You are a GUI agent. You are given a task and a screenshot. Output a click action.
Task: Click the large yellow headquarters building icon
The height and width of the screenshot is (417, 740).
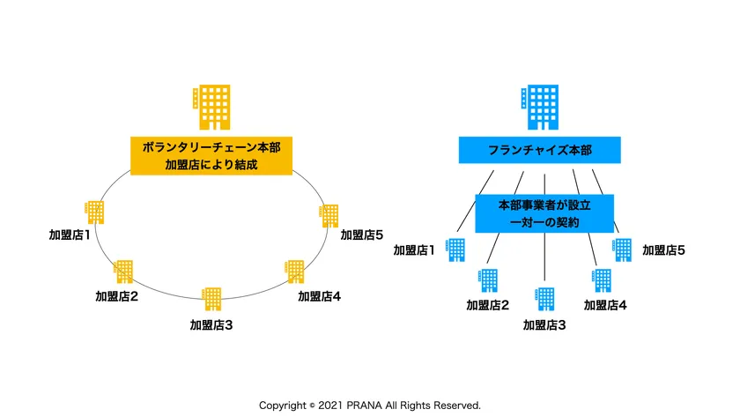coord(212,107)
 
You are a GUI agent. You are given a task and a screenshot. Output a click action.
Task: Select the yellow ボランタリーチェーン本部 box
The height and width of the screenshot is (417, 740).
coord(211,155)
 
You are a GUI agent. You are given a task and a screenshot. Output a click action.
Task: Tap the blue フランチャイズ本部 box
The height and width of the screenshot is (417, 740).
coord(540,151)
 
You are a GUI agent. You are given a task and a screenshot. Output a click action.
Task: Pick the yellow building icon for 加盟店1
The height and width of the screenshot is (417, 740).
coord(94,212)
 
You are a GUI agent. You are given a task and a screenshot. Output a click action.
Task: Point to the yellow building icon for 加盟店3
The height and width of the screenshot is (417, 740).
coord(211,299)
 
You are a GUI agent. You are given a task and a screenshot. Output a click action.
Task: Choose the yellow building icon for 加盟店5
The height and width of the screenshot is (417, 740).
coord(329,216)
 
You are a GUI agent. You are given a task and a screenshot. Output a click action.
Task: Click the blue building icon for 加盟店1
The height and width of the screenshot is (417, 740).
coord(456,249)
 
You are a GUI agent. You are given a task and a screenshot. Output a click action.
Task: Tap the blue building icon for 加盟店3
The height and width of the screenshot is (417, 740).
coord(545,299)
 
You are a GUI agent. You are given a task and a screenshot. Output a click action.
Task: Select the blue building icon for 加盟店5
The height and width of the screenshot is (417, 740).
coord(622,249)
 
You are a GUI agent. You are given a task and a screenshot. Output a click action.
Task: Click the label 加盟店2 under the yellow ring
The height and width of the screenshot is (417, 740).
coord(116,296)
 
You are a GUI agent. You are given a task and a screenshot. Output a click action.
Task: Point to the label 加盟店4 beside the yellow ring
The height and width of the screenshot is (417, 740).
coord(319,296)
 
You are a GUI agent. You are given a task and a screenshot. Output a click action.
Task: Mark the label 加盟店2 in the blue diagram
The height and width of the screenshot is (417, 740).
coord(488,306)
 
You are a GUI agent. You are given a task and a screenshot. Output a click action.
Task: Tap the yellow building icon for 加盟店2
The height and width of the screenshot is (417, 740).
coord(123,272)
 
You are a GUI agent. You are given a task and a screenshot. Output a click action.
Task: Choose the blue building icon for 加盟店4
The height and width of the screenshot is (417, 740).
coord(602,280)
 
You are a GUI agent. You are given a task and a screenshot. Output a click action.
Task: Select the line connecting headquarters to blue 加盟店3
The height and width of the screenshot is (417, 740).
coord(545,260)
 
